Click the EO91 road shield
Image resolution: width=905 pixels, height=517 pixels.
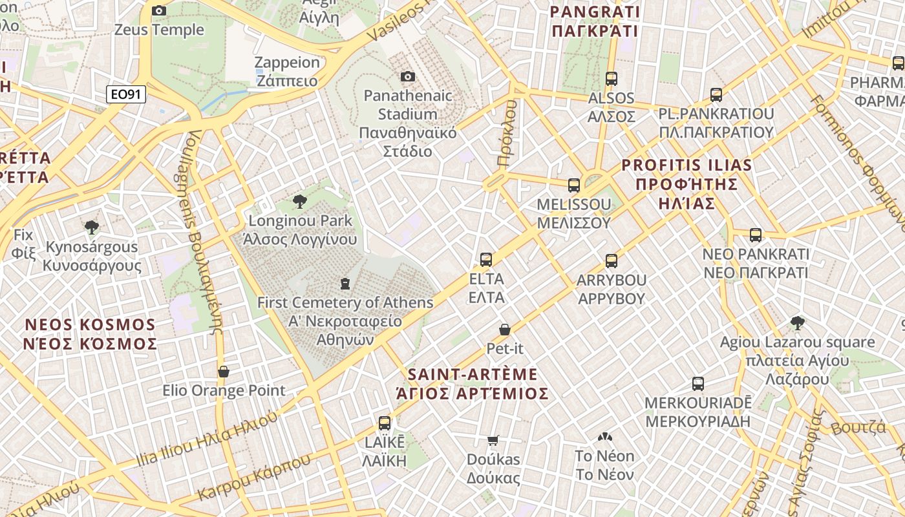pos(126,95)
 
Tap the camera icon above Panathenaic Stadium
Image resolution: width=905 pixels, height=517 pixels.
pos(407,77)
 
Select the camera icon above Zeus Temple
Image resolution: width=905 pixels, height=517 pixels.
pos(158,10)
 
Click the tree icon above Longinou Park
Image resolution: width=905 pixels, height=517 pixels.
pos(299,202)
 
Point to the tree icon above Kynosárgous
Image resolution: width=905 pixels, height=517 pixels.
pos(92,227)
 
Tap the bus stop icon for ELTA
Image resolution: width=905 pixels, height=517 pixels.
pos(486,260)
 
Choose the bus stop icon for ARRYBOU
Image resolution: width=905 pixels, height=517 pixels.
pos(612,261)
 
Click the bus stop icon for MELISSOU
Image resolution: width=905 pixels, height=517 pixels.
pos(573,185)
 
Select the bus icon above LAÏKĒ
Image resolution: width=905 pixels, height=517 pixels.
pos(385,423)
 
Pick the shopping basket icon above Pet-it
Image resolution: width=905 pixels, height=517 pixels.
pos(505,330)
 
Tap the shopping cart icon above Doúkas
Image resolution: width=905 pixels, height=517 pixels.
pos(493,441)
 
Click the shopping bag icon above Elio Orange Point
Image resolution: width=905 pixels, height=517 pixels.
pos(224,372)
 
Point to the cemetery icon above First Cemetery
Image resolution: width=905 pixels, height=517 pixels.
pos(345,283)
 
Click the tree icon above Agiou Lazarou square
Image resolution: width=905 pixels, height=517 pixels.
pos(797,323)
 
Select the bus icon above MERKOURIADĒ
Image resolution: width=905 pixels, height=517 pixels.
pos(698,384)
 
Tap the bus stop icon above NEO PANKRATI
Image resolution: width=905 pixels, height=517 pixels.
pos(756,235)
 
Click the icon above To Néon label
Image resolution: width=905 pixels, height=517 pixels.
pos(604,438)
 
